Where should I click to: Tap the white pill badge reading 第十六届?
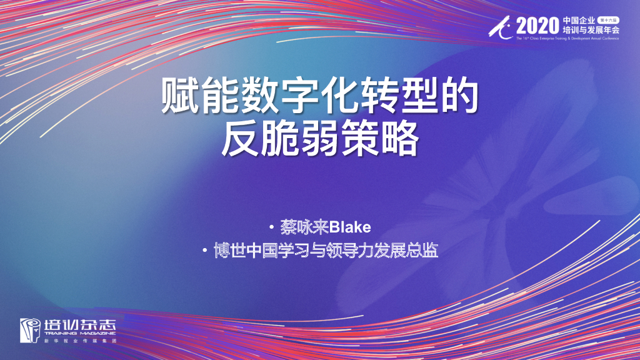click(x=608, y=20)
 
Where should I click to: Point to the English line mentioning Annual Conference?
click(x=567, y=38)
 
